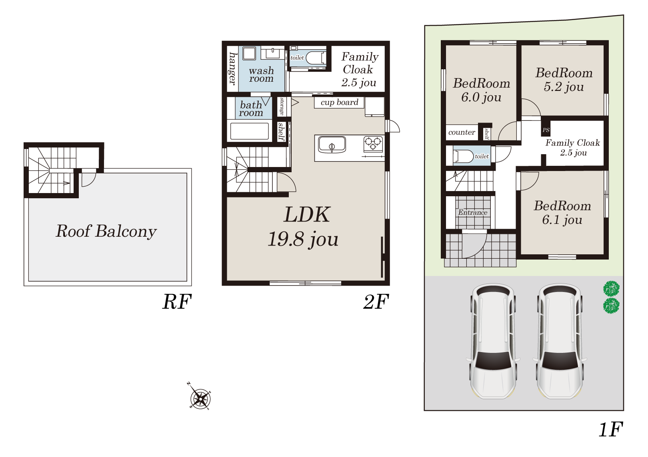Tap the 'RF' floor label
click(x=177, y=302)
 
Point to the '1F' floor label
click(x=611, y=429)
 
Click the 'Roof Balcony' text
click(x=106, y=231)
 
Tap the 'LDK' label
click(x=306, y=215)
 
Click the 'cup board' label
click(x=339, y=102)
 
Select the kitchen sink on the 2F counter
click(x=332, y=145)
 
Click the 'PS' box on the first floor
click(x=546, y=130)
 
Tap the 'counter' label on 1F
click(x=462, y=132)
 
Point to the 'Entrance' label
click(x=473, y=212)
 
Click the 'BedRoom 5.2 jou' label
click(x=564, y=80)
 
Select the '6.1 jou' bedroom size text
click(x=562, y=220)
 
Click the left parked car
click(x=493, y=341)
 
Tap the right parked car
click(x=560, y=341)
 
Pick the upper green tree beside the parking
click(x=611, y=288)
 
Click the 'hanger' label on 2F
click(x=232, y=68)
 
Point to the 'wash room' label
click(x=261, y=74)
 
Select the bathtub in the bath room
click(x=249, y=131)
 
